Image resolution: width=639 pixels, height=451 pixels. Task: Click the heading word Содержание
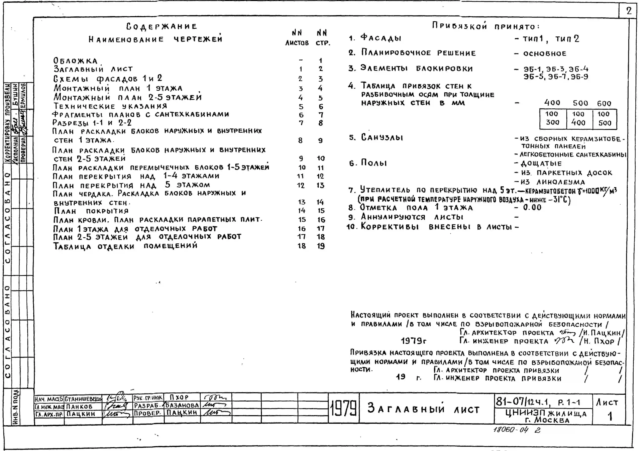click(161, 26)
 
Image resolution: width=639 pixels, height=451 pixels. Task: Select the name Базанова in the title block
click(182, 405)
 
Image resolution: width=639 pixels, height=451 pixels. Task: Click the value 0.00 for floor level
click(532, 208)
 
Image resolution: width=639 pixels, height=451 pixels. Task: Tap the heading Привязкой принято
click(486, 26)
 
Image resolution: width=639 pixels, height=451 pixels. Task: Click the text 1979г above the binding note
click(414, 341)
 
